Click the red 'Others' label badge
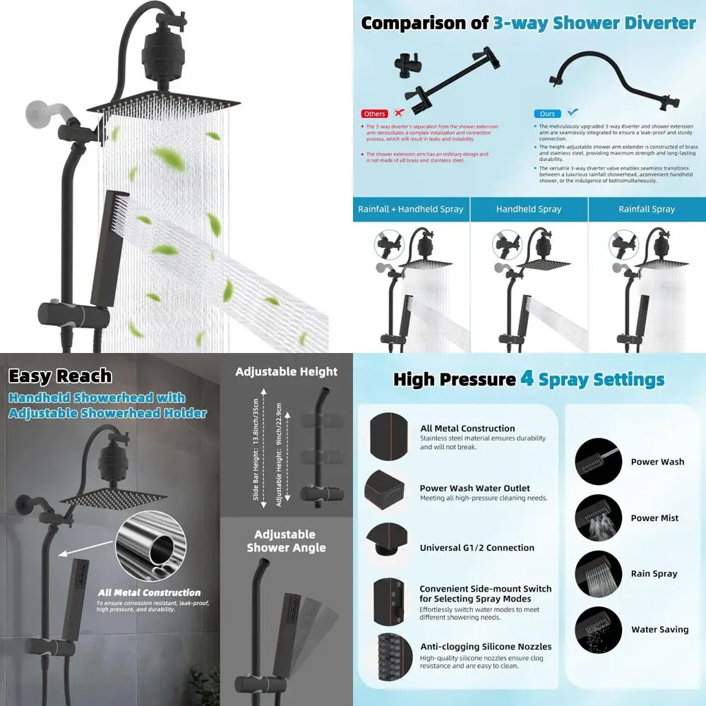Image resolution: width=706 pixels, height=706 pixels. pos(374,114)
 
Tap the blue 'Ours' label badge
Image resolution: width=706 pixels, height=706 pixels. pos(547,114)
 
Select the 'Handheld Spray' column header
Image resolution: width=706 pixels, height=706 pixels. pos(529,209)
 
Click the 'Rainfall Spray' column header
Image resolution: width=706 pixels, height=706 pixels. pos(647,209)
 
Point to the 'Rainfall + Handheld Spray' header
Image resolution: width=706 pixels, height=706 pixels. pos(411,209)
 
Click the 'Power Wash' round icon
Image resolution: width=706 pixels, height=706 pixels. pos(598,462)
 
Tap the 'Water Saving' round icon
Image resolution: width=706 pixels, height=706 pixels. pos(598,630)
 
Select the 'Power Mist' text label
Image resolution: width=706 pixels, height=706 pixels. pos(654,517)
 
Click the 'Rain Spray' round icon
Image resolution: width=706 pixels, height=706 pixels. pos(598,573)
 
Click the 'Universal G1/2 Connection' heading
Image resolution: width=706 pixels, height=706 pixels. pos(477,548)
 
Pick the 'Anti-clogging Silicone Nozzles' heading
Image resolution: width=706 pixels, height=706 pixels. pos(486,647)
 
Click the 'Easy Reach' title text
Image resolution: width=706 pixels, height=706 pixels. pos(60,376)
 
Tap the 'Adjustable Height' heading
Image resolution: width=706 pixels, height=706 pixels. pos(286,372)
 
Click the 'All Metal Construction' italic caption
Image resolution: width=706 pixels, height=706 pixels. pos(149,593)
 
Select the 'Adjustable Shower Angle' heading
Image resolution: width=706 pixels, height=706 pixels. pos(286,541)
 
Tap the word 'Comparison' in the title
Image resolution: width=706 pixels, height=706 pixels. pos(415,23)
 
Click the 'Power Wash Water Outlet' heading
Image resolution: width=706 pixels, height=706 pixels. pos(474,488)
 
